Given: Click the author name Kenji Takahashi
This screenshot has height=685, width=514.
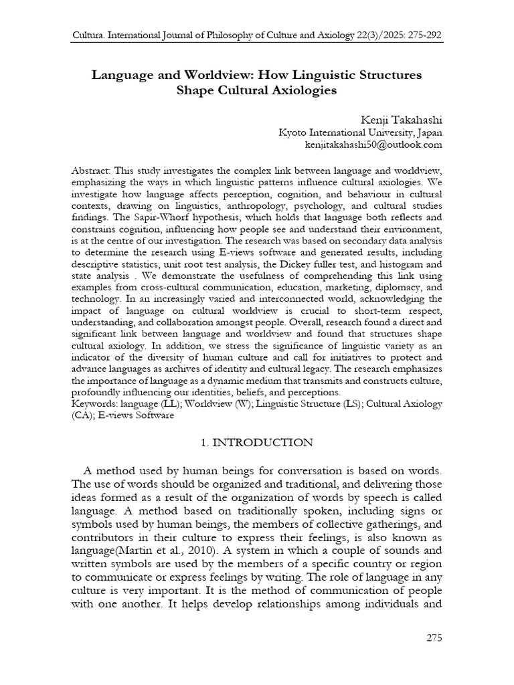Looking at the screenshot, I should (x=402, y=119).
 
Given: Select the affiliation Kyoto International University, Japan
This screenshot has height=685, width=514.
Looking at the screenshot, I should (x=360, y=132).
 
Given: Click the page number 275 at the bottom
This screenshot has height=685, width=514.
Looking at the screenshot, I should (x=434, y=638).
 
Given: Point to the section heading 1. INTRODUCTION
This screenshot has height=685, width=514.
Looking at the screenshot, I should (x=257, y=442).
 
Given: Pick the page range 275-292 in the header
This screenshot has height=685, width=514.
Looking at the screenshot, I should (x=420, y=34).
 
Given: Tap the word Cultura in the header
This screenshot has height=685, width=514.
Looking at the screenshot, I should (x=88, y=34).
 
